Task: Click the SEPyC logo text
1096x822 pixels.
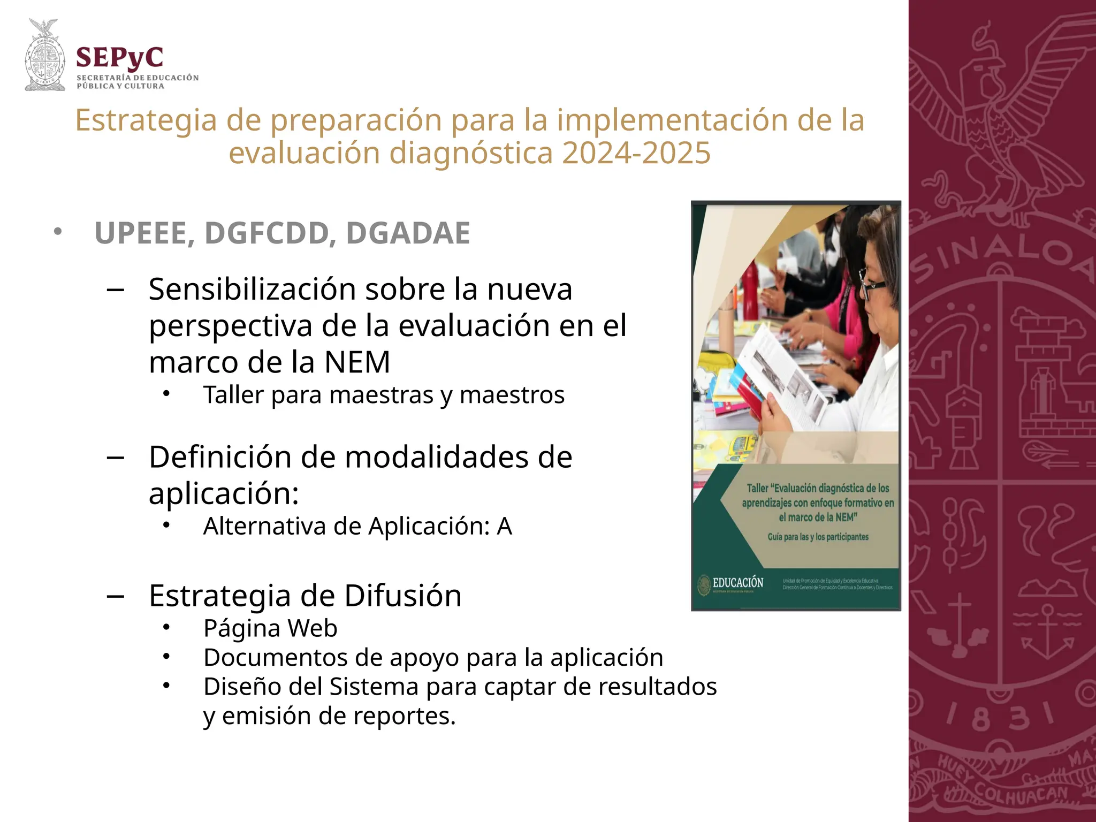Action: pos(120,58)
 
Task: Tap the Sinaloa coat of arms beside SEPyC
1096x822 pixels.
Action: pos(45,56)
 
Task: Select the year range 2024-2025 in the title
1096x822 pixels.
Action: pos(636,153)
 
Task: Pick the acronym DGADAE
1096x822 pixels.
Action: pos(408,233)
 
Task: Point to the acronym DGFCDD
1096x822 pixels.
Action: pos(270,233)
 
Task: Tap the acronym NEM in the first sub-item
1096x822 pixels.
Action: pos(357,362)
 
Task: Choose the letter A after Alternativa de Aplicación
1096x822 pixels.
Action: pos(504,527)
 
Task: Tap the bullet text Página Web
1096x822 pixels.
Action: pos(270,628)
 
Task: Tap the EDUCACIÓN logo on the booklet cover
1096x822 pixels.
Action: pos(732,584)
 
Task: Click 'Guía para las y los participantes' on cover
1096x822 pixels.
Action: pos(818,537)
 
